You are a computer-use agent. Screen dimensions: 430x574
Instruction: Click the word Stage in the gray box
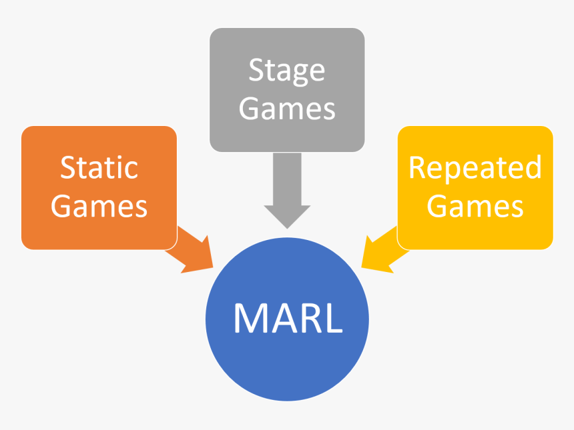click(287, 71)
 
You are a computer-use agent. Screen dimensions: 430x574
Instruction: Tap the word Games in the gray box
click(287, 109)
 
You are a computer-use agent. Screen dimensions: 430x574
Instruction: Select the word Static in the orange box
click(99, 167)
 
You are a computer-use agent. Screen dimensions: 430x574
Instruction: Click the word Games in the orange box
click(99, 206)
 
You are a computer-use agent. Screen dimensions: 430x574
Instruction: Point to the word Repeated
click(475, 168)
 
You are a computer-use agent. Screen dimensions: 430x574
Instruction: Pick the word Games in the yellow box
click(475, 206)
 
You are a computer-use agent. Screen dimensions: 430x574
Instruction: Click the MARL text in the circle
click(288, 319)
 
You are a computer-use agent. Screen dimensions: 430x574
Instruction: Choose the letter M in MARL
click(249, 319)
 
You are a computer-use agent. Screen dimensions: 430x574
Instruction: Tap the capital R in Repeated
click(418, 167)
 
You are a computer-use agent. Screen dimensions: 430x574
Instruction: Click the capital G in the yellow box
click(437, 206)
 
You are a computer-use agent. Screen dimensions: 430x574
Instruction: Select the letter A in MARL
click(280, 319)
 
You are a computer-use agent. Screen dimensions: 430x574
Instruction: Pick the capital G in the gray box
click(250, 109)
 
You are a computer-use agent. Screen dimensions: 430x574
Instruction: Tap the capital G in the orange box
click(61, 206)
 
